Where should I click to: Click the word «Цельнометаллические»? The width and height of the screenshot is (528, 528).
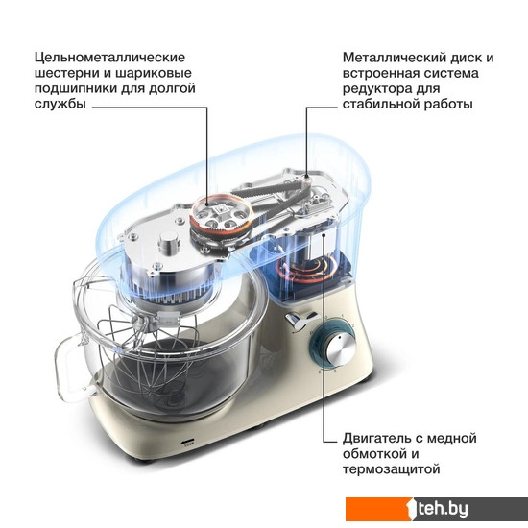click(x=109, y=58)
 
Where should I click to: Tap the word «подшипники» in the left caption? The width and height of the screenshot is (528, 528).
click(x=75, y=88)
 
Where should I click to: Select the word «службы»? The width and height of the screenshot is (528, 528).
click(x=60, y=104)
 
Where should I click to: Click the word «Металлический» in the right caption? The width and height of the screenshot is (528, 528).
click(x=394, y=58)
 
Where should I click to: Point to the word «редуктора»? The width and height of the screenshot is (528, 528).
click(x=374, y=89)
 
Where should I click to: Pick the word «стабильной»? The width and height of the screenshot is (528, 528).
click(x=381, y=104)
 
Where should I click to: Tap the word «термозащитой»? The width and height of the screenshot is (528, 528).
click(x=392, y=469)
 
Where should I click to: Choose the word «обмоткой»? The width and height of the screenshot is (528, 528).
click(x=372, y=453)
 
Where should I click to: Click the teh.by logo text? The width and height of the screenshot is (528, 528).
click(x=442, y=509)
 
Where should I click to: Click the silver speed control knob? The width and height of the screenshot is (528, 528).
click(x=341, y=350)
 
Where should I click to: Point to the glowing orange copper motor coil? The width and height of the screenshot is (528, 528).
click(x=304, y=269)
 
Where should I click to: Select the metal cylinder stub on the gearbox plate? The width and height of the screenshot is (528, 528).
click(x=169, y=243)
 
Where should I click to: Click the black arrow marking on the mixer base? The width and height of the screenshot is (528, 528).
click(x=188, y=442)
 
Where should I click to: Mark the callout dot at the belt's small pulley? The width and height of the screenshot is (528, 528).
click(x=306, y=176)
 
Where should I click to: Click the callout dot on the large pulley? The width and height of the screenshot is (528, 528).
click(x=207, y=204)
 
